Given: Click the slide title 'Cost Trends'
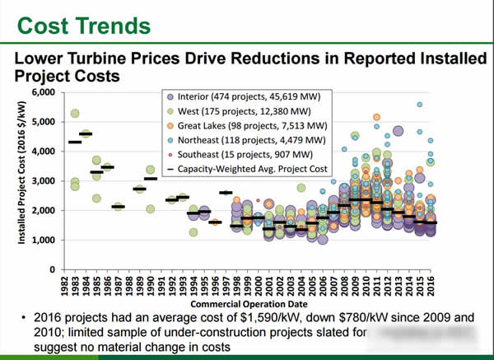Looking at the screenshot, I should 79,24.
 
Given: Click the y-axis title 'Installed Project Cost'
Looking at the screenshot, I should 26,180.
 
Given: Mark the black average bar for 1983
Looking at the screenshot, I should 86,133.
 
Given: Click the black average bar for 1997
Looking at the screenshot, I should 226,193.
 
